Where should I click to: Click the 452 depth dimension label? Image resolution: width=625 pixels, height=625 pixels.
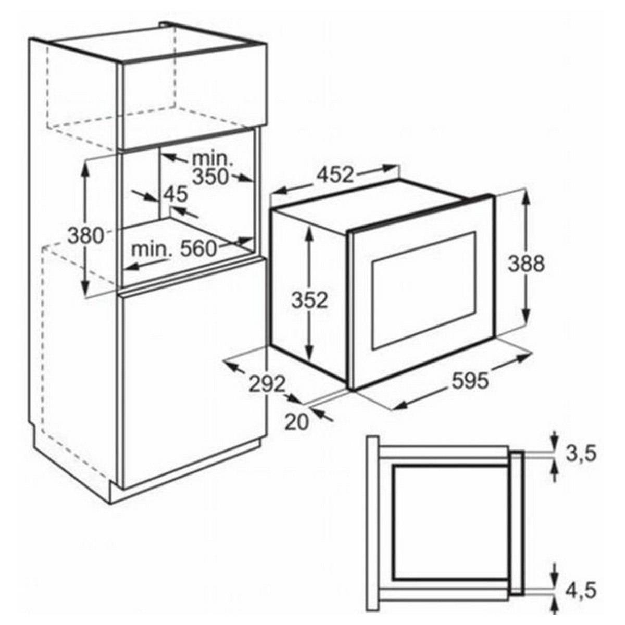[335, 175]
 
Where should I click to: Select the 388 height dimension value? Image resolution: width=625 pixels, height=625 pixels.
[526, 264]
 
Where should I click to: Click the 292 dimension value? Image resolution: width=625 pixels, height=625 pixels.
[267, 384]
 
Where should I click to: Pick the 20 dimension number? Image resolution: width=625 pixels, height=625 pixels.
[296, 422]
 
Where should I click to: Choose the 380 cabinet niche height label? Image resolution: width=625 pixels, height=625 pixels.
[85, 236]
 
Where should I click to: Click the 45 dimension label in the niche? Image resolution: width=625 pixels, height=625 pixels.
[175, 194]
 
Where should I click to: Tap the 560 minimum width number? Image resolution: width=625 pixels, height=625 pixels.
[198, 249]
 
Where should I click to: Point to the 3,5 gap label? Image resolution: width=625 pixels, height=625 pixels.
[581, 454]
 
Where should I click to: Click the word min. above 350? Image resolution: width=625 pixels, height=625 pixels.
[212, 159]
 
